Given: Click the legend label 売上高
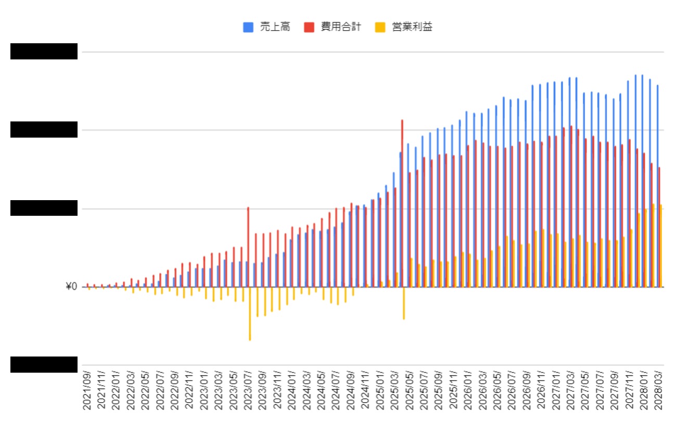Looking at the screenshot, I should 275,27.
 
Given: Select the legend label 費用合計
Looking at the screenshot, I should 340,27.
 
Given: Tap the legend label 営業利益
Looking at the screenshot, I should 412,27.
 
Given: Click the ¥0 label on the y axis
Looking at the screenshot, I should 71,287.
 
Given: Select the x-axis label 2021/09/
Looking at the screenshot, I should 87,390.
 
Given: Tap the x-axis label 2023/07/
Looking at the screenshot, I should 248,390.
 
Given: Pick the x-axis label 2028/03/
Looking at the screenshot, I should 658,390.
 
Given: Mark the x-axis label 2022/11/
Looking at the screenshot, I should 190,390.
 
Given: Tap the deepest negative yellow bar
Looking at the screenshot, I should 250,313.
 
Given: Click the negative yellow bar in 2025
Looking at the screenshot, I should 403,303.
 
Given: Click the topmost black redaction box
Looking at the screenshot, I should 44,52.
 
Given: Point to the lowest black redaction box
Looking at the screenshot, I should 44,365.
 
